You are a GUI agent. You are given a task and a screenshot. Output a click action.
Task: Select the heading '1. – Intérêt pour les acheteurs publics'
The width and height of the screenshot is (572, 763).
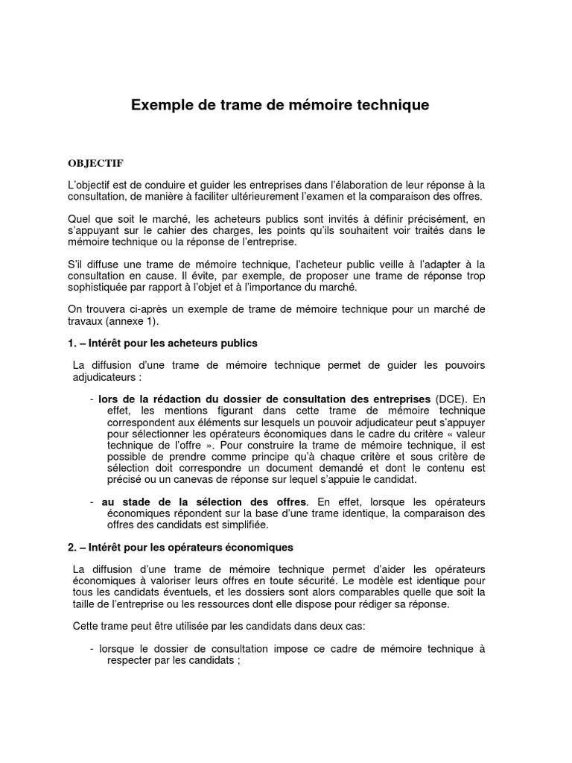click(162, 343)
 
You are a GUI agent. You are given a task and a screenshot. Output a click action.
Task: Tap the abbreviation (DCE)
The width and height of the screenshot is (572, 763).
click(451, 399)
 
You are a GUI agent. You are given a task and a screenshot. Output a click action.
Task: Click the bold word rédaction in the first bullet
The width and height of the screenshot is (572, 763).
click(163, 399)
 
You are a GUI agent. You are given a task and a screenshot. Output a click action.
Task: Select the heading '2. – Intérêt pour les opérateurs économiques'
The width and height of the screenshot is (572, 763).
click(180, 547)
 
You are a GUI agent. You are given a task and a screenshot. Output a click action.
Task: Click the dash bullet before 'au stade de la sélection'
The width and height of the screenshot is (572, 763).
click(92, 501)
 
